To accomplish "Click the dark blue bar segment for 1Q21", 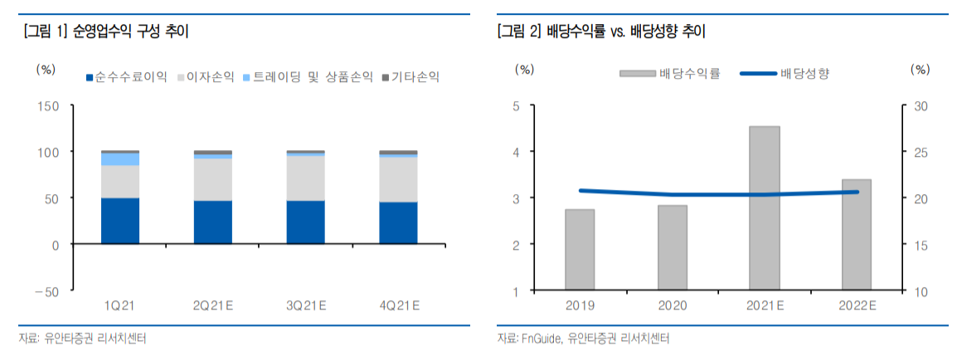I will [x=119, y=221].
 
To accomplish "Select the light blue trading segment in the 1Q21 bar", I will [x=119, y=159].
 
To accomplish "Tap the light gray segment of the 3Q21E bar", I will [x=305, y=178].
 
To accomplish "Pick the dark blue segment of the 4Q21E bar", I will [x=398, y=223].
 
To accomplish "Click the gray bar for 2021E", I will [x=765, y=208].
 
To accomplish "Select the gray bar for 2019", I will [x=580, y=250].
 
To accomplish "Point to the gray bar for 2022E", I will [x=857, y=235].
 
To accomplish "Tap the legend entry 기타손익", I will [x=410, y=77].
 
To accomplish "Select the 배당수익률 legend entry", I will [x=670, y=74].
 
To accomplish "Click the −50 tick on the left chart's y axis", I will [x=46, y=291].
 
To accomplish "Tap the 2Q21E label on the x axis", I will [x=212, y=306].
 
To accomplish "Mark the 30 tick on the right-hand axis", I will [x=921, y=106].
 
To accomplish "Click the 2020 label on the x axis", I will [x=672, y=306].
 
